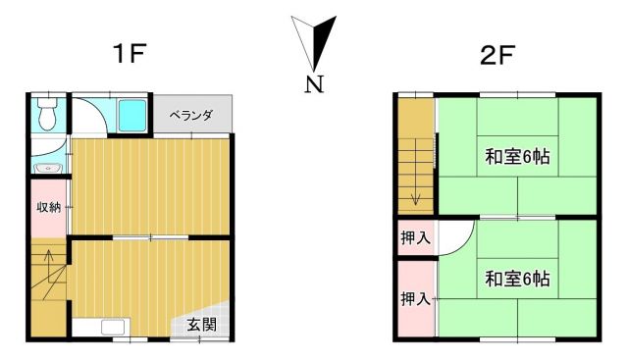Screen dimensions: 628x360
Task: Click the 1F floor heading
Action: point(129,53)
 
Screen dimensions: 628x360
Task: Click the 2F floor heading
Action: point(497,56)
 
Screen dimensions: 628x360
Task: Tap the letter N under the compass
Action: point(314,84)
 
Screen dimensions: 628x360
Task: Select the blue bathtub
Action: point(132,116)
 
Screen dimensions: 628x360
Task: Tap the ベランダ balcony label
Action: point(190,116)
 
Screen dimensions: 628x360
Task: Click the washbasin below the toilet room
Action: point(48,168)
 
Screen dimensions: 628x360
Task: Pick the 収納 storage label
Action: point(48,207)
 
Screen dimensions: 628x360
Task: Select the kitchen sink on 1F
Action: point(114,327)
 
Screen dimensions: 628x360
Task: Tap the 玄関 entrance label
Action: point(202,325)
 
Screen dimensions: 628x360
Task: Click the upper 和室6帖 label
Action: point(517,157)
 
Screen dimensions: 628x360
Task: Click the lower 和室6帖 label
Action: point(517,279)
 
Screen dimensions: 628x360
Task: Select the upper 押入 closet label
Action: point(415,238)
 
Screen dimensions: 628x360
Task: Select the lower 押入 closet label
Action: point(415,298)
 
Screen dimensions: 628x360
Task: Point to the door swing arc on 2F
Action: point(464,244)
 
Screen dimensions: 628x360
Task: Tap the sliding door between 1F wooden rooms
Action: point(150,237)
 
